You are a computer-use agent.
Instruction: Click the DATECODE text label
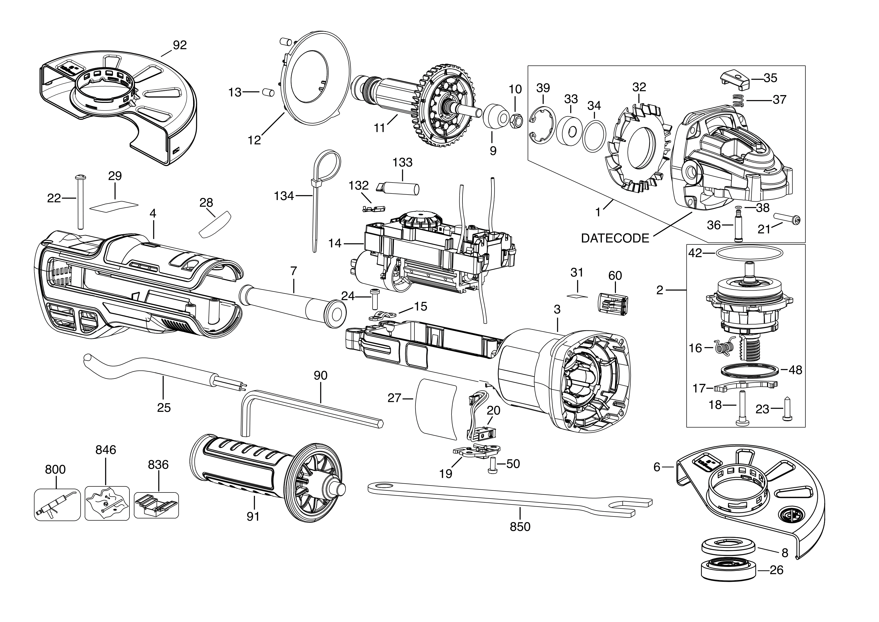[x=615, y=238]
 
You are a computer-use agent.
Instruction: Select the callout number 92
[x=180, y=45]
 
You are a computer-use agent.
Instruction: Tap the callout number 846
[x=106, y=450]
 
